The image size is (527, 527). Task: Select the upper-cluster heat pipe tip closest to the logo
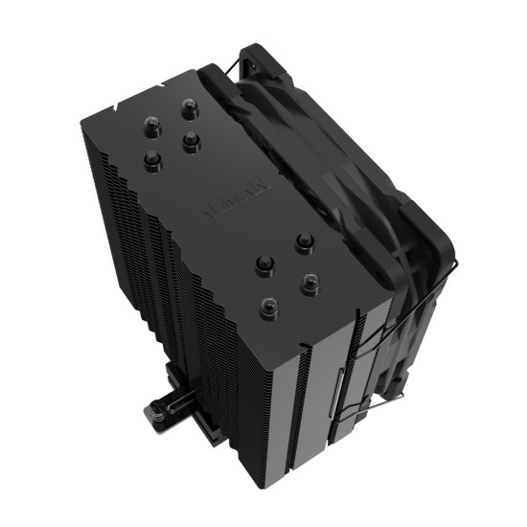[191, 141]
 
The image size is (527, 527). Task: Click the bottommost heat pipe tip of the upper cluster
[151, 156]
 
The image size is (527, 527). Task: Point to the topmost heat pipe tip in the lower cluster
[304, 240]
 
